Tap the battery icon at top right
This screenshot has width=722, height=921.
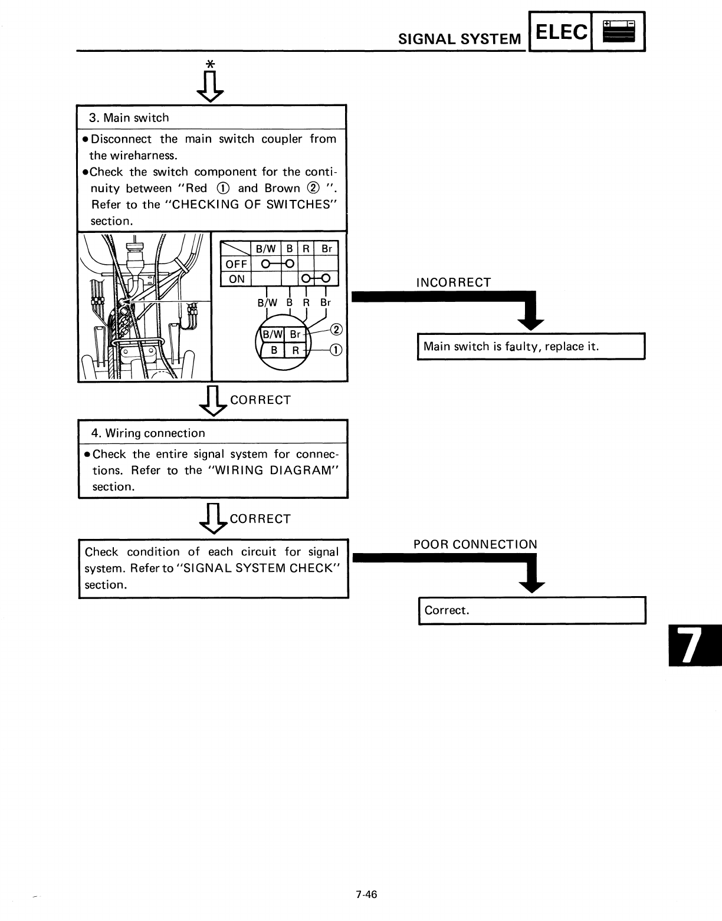[619, 32]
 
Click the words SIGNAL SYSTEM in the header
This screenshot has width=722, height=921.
[460, 40]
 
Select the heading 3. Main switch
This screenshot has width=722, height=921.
[129, 118]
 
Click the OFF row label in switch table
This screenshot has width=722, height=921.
[236, 264]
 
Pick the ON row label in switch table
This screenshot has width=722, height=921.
[236, 279]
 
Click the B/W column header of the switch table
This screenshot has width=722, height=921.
[267, 249]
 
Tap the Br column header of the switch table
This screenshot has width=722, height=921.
[326, 249]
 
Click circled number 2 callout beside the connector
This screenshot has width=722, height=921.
[336, 329]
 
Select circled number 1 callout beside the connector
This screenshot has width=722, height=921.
[335, 350]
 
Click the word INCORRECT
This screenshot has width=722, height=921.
[453, 282]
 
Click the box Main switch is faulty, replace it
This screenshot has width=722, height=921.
[531, 347]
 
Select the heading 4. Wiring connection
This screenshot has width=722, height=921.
[148, 433]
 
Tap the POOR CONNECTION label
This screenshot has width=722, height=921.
[475, 544]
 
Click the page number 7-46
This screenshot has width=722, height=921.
[366, 894]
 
